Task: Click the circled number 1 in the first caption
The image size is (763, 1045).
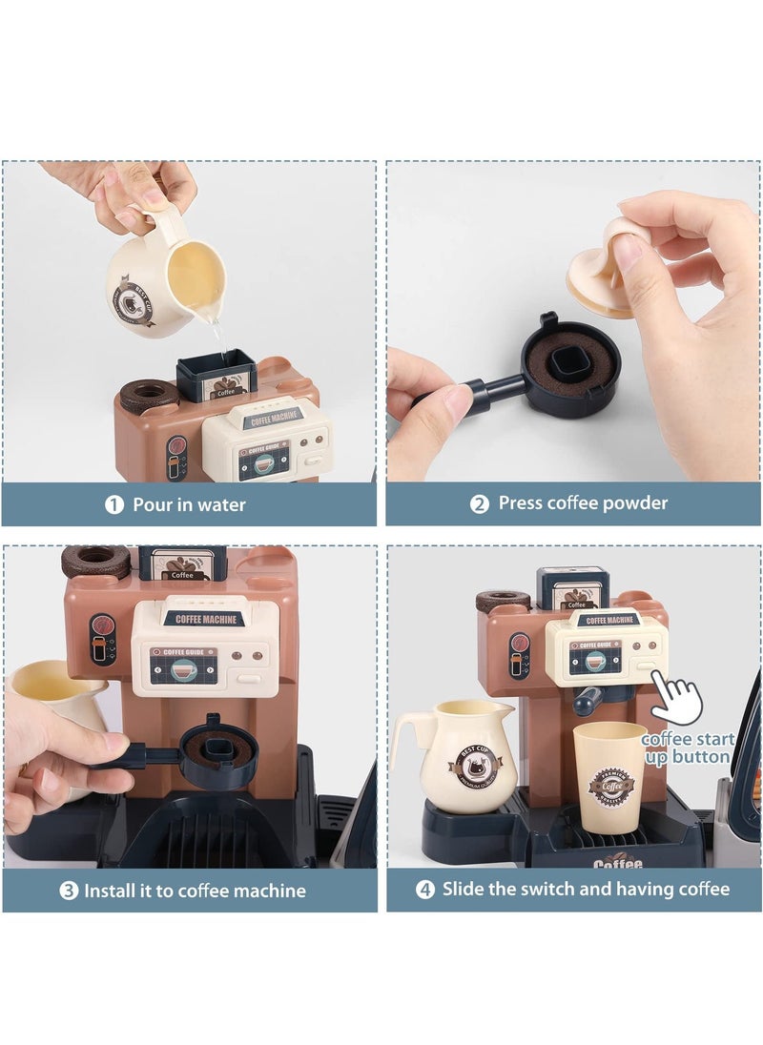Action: (x=114, y=504)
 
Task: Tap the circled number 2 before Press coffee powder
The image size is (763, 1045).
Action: (x=480, y=503)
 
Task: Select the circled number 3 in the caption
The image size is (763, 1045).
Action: (x=69, y=891)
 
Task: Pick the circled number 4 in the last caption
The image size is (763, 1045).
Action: (x=425, y=890)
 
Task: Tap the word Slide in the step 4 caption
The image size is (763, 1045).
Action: (x=464, y=889)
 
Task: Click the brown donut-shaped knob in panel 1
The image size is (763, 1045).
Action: (x=149, y=395)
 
